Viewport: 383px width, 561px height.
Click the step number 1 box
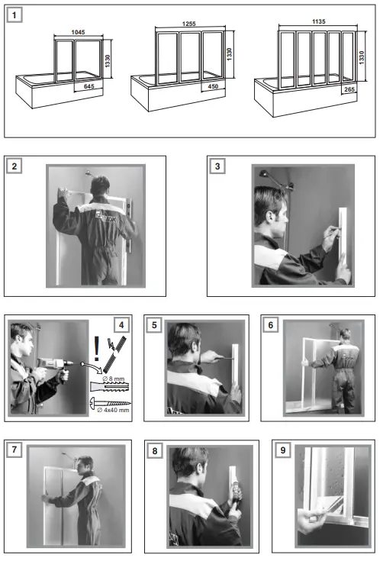click(14, 15)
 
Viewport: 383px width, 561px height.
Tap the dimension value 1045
click(78, 32)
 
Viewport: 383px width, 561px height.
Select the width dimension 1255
click(188, 24)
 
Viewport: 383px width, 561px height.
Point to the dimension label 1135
click(318, 21)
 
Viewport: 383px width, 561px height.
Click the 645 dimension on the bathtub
click(89, 86)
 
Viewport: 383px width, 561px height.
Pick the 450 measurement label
click(213, 86)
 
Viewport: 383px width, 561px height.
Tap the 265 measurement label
click(349, 89)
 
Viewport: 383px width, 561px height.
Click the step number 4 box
click(121, 325)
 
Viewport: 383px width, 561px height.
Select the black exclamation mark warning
click(96, 349)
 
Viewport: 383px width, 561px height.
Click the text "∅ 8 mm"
click(114, 379)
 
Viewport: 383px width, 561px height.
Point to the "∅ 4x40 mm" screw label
click(113, 410)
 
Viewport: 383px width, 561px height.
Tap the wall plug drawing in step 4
click(110, 387)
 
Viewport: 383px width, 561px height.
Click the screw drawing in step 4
click(110, 402)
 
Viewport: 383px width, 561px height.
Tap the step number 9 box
click(283, 450)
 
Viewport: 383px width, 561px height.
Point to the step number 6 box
click(270, 325)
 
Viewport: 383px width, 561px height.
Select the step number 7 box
click(14, 450)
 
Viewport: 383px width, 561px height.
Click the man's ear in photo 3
click(269, 217)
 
